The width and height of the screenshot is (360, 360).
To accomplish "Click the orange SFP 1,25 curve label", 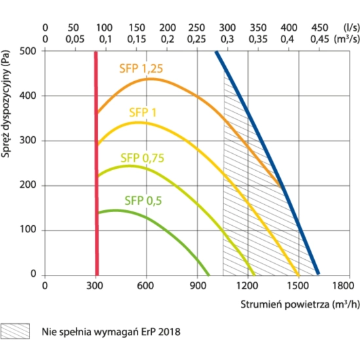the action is pos(141,69).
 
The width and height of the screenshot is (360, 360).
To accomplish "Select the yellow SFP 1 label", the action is pos(143,113).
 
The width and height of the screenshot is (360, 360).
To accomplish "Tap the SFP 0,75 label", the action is pos(142,158).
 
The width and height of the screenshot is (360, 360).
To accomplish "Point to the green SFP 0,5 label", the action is pos(143,201).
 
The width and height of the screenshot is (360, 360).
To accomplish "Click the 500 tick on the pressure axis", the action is pos(27,51).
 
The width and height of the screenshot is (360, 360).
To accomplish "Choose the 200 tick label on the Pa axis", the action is pos(27,185).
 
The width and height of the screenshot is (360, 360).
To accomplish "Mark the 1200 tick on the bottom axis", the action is pos(247,286).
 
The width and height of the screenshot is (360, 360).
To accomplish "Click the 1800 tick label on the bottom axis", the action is pos(344,286).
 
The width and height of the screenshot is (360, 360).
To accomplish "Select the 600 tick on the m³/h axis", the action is pos(145,286).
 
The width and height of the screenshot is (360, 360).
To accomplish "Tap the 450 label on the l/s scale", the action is pos(319,27).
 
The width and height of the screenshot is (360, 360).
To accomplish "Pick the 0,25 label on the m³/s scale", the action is pos(196,39).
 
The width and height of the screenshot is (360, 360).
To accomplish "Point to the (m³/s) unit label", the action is pos(347,39).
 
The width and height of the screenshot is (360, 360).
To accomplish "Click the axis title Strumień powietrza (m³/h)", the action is pos(300,304).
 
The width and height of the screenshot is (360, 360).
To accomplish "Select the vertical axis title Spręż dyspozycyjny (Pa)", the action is pos(5,103).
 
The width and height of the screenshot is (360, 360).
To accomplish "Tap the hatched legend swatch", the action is pos(15,331).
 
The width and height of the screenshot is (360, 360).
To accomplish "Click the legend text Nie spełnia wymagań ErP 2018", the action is pos(111,332).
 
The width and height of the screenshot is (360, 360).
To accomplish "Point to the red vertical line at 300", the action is pos(96,164).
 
